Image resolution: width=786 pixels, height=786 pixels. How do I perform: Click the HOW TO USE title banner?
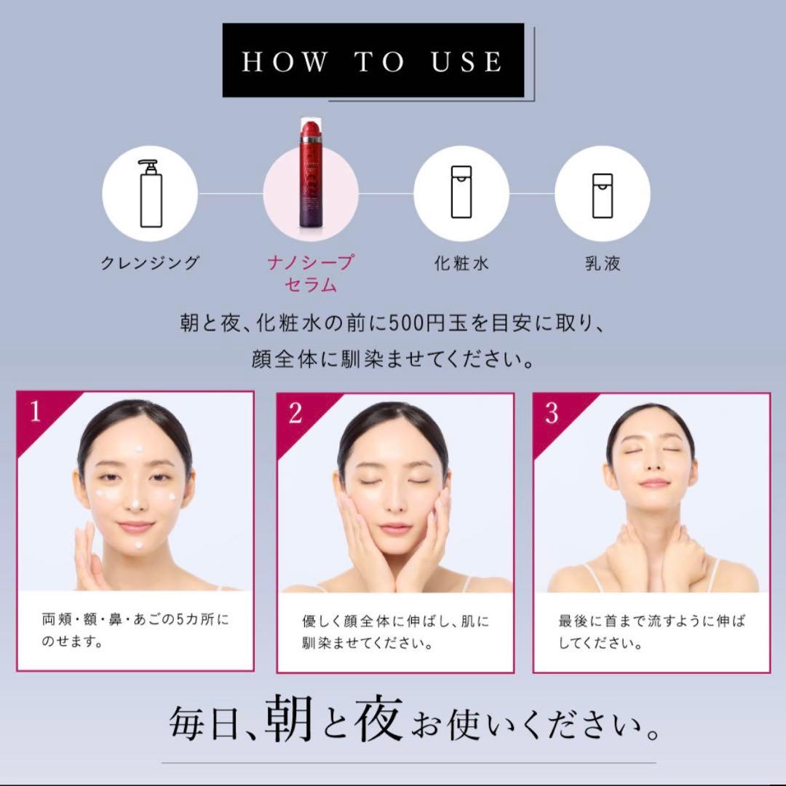[x=373, y=60]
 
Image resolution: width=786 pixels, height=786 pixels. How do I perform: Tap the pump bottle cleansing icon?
[x=151, y=194]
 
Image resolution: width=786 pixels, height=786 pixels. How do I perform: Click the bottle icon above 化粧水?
[x=461, y=192]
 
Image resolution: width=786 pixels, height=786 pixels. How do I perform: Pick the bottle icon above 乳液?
[x=602, y=196]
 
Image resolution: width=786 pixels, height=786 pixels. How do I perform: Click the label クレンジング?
[x=150, y=263]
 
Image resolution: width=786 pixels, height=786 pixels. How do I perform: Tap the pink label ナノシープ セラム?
[x=311, y=273]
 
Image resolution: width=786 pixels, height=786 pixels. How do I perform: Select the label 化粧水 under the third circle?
[x=461, y=264]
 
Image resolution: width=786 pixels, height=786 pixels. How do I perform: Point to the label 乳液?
[x=603, y=264]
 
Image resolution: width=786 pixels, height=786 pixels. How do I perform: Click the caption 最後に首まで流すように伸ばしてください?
[x=651, y=632]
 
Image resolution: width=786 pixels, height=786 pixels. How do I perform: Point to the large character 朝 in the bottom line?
[x=289, y=719]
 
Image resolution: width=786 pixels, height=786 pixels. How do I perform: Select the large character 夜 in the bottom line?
[x=378, y=718]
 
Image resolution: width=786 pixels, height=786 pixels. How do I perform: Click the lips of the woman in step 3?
[x=654, y=484]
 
